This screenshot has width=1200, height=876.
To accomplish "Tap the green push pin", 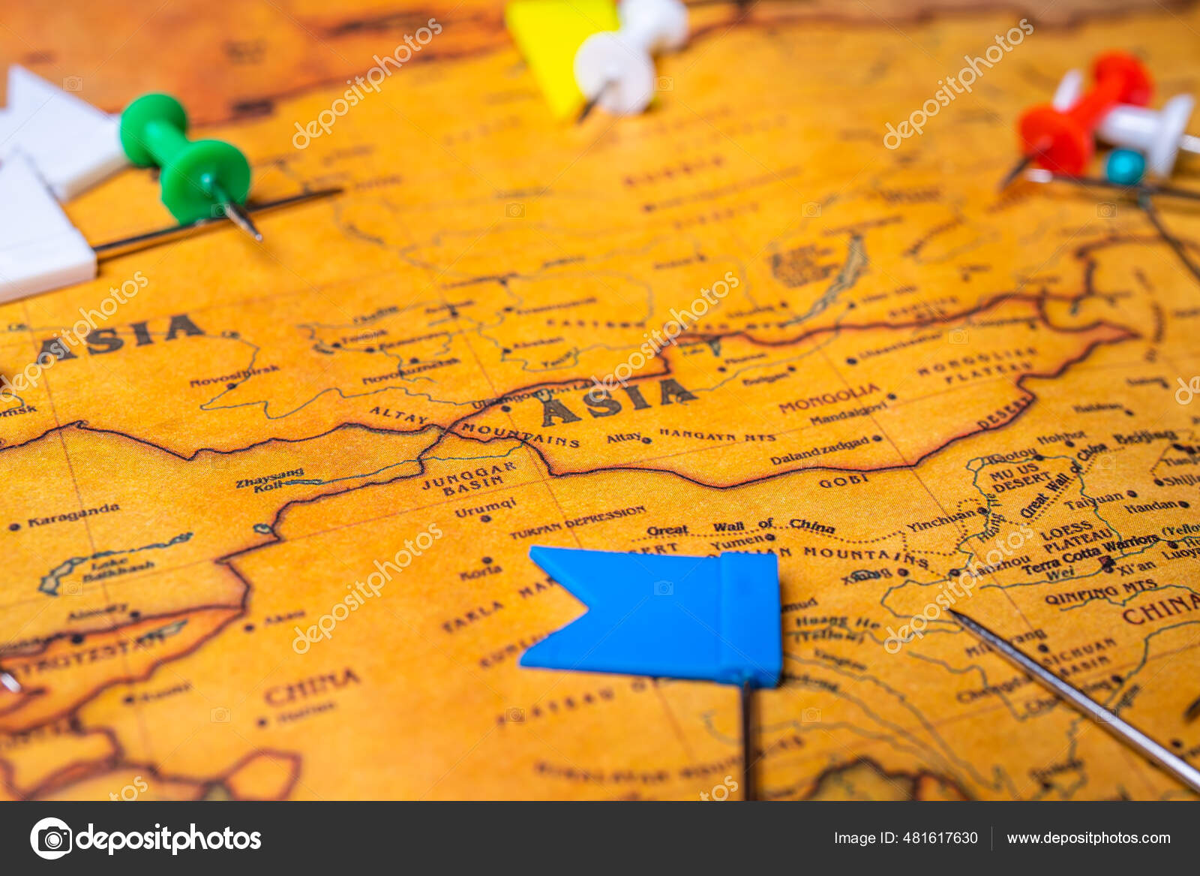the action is point(187,161).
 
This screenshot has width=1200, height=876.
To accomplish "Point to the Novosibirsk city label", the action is point(234,375).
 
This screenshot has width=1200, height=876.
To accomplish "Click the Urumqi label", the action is point(485,507).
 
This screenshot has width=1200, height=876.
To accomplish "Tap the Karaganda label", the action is point(73,516).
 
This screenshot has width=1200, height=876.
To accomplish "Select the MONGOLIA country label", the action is point(828,398).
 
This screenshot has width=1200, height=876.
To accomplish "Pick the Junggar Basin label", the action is point(469,479).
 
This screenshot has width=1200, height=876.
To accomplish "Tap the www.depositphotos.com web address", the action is point(1088,838).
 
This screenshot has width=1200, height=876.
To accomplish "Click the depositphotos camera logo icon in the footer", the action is point(51,838).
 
